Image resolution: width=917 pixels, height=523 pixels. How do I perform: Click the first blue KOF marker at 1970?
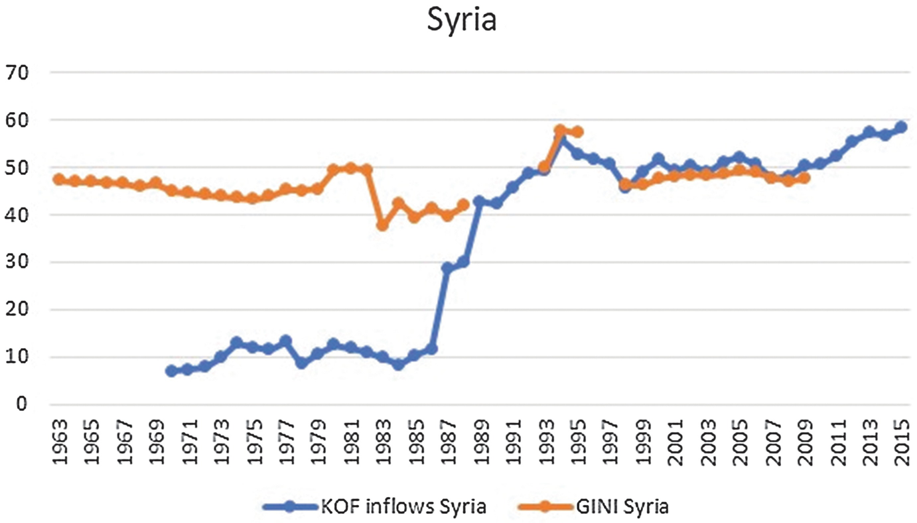click(x=172, y=371)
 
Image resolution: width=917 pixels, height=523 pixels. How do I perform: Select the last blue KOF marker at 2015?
click(x=900, y=127)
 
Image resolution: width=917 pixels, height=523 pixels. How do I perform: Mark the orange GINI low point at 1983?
click(x=382, y=225)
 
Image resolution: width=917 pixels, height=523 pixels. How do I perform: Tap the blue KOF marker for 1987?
click(x=447, y=268)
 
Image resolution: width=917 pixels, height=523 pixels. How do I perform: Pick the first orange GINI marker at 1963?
click(x=59, y=180)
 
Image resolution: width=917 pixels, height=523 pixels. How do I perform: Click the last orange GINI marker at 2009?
click(x=804, y=178)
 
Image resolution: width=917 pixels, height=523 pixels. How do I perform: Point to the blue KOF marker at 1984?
click(x=398, y=365)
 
